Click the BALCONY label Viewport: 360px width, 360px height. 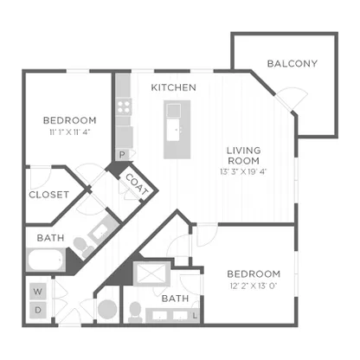292,63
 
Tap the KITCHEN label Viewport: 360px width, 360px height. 174,87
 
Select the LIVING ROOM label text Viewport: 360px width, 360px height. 243,156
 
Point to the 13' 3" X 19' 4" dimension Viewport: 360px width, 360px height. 243,172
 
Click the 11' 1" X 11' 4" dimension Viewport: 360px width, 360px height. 70,132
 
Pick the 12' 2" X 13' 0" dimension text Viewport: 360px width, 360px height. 254,286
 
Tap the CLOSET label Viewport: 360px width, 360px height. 49,195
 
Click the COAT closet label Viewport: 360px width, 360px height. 137,184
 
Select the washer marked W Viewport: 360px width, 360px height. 38,292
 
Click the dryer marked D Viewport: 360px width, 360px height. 38,310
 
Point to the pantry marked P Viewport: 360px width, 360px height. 122,155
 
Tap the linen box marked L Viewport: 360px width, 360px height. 196,316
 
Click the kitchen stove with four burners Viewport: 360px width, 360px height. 124,106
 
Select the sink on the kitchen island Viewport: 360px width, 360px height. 174,131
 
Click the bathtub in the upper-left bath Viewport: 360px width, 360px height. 46,260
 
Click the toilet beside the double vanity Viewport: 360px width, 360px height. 135,312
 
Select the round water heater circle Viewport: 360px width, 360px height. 107,309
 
